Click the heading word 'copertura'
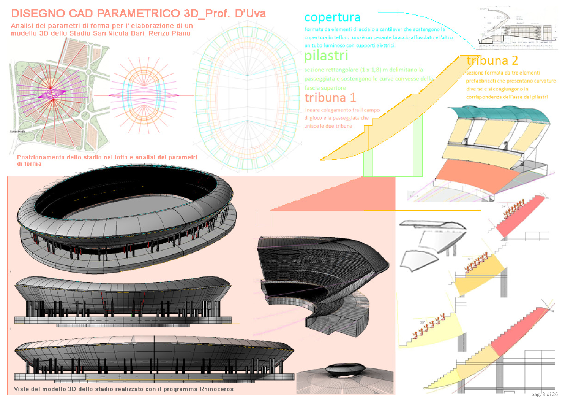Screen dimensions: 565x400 point(332,17)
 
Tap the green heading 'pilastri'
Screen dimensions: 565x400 point(326,56)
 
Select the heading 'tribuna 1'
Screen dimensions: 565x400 point(330,98)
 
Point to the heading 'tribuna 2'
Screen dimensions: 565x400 point(492,60)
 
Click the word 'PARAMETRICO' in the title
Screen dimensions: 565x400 point(138,14)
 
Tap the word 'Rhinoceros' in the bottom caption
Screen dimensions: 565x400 point(216,389)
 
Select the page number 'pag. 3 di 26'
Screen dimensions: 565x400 point(544,394)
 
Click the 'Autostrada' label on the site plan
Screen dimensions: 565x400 point(17,132)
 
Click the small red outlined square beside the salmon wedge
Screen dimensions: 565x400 point(264,219)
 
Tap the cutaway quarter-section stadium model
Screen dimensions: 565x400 point(319,281)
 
